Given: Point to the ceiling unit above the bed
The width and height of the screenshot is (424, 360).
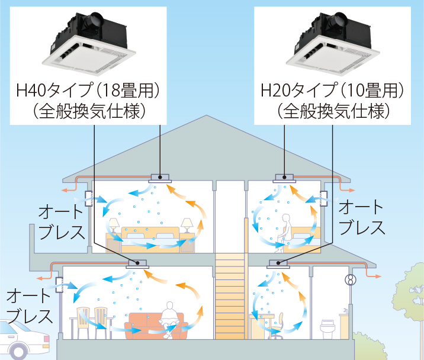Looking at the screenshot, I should tap(160, 177).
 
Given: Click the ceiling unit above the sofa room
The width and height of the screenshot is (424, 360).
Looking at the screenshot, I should tap(137, 265).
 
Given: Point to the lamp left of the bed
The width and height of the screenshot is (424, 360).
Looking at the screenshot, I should tap(113, 225).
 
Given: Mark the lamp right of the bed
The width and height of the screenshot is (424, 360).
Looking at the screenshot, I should tap(187, 225).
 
